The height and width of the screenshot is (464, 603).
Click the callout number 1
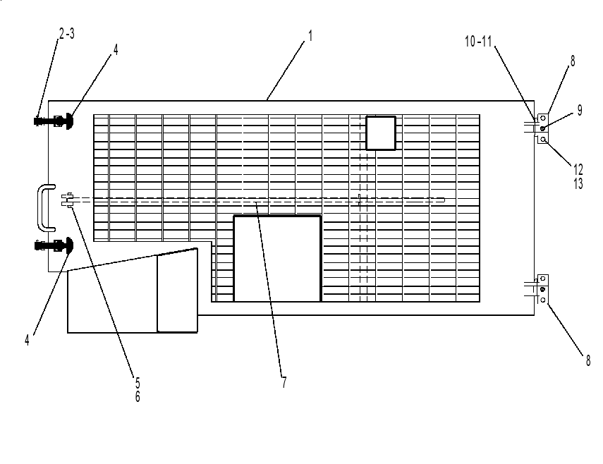pos(310,36)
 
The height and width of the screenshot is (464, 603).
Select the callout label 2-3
pos(67,34)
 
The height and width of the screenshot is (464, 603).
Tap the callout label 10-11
pos(478,41)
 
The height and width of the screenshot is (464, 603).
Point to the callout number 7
pos(284,382)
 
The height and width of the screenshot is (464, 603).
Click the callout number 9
pos(580,110)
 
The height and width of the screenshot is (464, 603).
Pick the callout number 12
pos(578,169)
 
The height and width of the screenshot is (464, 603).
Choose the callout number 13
pos(578,183)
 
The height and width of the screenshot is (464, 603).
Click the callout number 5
pos(138,382)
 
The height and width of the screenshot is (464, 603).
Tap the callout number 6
pos(138,396)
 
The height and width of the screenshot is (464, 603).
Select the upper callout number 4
pos(116,49)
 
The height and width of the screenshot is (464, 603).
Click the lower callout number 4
pos(27,340)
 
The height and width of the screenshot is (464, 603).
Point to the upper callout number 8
pos(573,61)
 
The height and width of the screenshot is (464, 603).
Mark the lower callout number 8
pos(588,360)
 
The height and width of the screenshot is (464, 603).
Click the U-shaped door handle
pos(40,208)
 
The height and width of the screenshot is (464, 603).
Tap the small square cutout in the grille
pos(381,133)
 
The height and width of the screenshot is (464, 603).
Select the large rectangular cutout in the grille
pos(277,259)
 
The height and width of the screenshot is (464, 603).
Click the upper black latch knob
pos(68,121)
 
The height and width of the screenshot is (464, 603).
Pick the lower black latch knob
pos(68,245)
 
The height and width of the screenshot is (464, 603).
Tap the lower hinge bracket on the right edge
pos(542,289)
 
